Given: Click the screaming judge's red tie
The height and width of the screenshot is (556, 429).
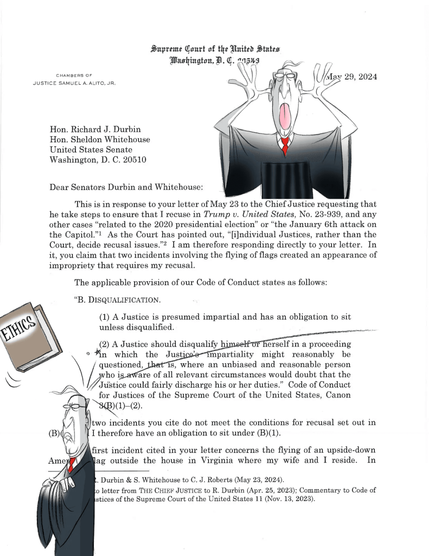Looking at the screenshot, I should (x=284, y=146).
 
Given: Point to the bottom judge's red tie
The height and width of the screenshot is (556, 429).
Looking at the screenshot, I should (x=71, y=464).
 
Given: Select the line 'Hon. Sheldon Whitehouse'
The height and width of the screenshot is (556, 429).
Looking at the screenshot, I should (x=100, y=140).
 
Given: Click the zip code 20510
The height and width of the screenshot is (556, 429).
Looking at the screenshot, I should (x=133, y=160).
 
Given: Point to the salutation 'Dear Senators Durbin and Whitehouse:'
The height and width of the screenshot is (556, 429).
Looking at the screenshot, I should (x=126, y=187).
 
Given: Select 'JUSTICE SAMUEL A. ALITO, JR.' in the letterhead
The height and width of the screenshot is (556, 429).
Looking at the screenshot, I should (x=74, y=83).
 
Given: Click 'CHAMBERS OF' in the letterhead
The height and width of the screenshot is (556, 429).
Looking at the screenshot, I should (x=74, y=75).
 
